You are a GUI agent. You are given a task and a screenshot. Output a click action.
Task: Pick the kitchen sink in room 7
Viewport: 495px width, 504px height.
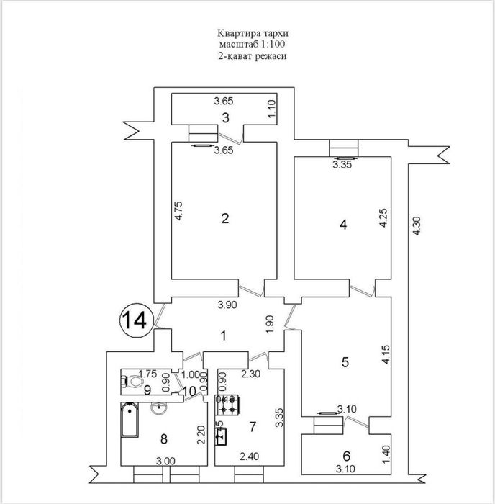tap(222, 434)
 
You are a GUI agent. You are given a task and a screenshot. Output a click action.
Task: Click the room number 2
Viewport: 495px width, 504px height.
tap(225, 219)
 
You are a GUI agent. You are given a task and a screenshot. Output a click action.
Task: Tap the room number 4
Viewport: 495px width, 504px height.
tap(343, 225)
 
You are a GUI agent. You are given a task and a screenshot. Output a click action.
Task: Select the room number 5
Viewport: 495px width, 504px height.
tap(345, 363)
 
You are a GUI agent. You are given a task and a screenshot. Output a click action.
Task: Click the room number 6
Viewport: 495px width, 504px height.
tap(346, 455)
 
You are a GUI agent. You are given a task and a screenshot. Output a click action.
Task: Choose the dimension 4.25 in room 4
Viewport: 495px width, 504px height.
tap(383, 219)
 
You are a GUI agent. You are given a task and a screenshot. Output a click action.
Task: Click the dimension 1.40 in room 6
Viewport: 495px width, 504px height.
tap(385, 454)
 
